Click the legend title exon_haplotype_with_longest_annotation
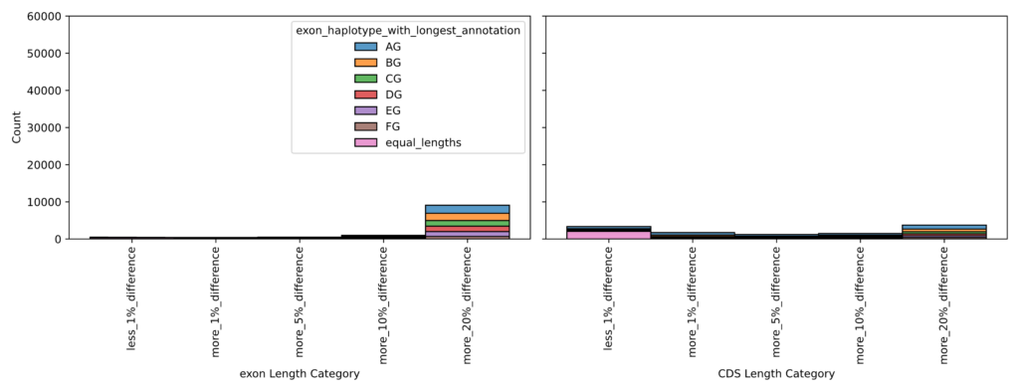coord(408,31)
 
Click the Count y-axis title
coord(16,127)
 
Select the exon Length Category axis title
coord(300,374)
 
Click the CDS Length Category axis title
coord(776,374)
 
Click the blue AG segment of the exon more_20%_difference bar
coord(467,209)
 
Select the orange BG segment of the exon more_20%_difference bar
coord(467,217)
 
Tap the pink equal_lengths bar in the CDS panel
coord(609,235)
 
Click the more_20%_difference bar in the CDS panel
coord(943,232)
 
